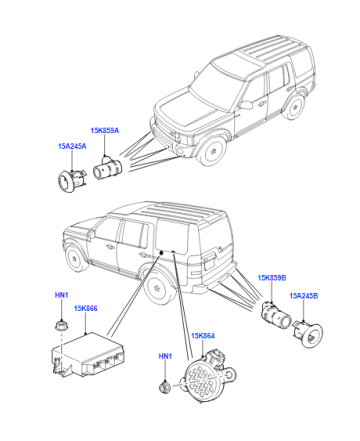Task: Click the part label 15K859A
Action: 104,130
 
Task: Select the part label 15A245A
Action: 72,146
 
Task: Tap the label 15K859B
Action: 272,278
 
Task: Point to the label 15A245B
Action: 304,296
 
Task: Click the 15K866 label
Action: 86,308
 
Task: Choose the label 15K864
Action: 203,336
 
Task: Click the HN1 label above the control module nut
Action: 61,295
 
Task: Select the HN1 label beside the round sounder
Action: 165,356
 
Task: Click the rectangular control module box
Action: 87,355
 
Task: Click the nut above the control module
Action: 61,325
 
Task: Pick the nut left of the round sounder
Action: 165,387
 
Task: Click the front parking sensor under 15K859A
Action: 107,168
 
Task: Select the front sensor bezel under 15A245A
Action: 72,180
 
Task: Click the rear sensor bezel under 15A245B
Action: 308,334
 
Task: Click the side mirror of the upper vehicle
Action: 246,105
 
